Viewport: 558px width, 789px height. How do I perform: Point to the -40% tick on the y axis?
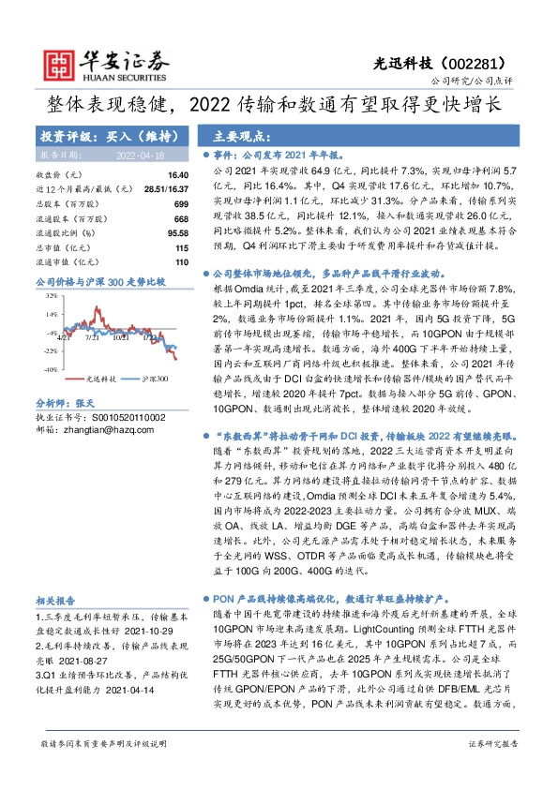point(49,369)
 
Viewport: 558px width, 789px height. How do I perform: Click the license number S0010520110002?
point(124,415)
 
